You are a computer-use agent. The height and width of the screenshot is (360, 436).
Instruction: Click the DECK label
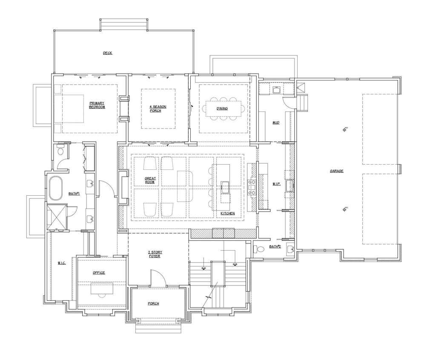pos(108,53)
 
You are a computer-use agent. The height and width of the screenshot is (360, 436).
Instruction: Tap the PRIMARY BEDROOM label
pos(97,105)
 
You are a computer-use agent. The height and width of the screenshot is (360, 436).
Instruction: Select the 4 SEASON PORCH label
pos(158,109)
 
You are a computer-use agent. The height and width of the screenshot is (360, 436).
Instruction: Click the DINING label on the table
pos(222,109)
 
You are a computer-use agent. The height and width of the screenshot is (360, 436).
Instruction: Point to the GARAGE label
pos(336,171)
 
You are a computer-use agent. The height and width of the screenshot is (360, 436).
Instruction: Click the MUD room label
pos(276,123)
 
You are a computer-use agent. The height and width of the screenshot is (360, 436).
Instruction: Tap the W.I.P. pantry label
pos(276,184)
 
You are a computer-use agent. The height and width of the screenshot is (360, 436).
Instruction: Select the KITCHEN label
pos(228,213)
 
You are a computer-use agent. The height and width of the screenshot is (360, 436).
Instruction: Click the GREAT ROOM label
pos(150,180)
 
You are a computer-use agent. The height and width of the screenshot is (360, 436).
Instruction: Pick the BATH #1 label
pos(74,194)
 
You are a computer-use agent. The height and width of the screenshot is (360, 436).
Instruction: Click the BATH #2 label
pos(275,246)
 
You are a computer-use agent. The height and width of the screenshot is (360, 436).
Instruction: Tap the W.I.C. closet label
pos(61,263)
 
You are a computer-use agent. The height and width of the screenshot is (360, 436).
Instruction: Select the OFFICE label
pos(99,273)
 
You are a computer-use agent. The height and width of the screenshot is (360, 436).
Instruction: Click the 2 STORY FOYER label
pos(155,254)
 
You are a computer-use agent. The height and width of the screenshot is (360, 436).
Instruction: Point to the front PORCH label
pos(153,303)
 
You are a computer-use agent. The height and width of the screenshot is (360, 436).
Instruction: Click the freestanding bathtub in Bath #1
pos(56,188)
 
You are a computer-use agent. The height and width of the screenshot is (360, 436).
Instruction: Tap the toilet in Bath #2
pos(258,248)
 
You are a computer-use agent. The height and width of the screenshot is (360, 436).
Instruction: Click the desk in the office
pos(102,288)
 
